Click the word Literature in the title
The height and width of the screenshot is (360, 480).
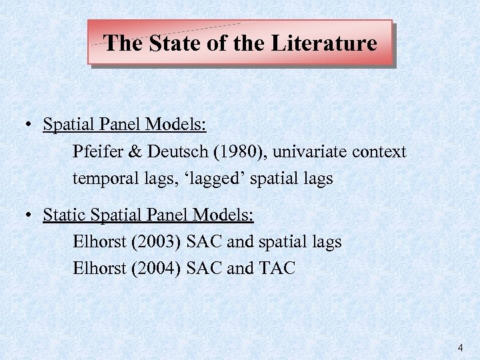pyautogui.click(x=325, y=44)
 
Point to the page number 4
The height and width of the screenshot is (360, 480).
pyautogui.click(x=460, y=348)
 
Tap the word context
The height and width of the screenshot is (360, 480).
pyautogui.click(x=379, y=152)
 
